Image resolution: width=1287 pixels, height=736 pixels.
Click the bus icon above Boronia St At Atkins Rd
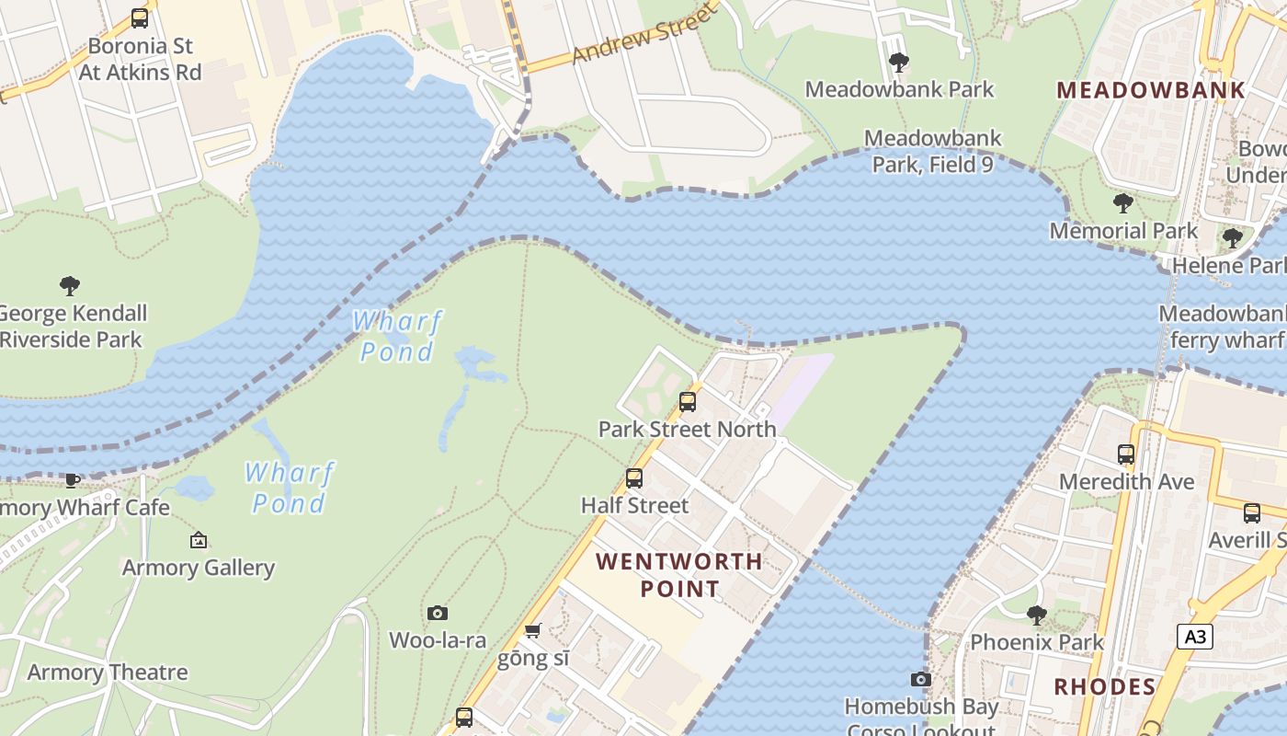(x=140, y=17)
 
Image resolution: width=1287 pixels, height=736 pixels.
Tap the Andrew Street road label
(x=642, y=35)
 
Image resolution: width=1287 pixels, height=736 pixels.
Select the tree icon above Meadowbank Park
(x=899, y=63)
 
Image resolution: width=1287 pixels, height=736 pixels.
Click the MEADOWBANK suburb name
(x=1151, y=90)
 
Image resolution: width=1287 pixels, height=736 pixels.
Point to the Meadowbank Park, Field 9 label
(x=932, y=151)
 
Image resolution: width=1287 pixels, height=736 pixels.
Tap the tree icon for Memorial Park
(x=1122, y=203)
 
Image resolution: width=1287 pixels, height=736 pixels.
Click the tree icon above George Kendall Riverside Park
(x=69, y=285)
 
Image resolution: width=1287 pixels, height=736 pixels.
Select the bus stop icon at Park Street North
(x=687, y=402)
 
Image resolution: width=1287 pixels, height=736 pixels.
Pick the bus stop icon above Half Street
(x=633, y=478)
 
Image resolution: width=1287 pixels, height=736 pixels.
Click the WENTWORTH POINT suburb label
(x=679, y=574)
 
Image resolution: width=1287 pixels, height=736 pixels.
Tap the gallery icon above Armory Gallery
(x=198, y=540)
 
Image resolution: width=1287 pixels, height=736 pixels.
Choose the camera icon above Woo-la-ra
(x=438, y=613)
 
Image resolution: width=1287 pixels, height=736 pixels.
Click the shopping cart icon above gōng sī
(x=532, y=631)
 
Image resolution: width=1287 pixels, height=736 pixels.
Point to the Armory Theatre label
(x=108, y=673)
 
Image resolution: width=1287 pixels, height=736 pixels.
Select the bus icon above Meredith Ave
(x=1126, y=454)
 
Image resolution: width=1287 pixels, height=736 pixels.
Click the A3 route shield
(x=1194, y=636)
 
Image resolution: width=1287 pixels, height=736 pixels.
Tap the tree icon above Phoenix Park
(x=1036, y=615)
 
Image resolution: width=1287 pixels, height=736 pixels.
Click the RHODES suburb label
(x=1104, y=686)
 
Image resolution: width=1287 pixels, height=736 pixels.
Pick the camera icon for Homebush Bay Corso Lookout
(x=920, y=680)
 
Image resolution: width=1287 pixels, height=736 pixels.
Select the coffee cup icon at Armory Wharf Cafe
(x=72, y=480)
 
